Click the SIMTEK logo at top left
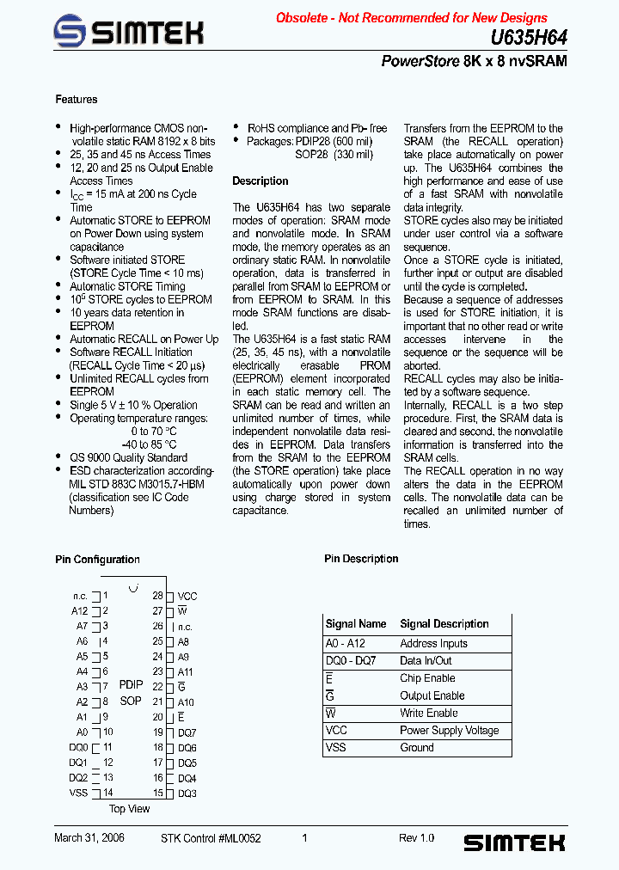coord(128,33)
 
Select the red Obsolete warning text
coord(411,17)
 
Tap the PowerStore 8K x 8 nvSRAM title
coord(474,62)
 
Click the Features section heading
coord(77,100)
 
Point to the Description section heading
coord(260,181)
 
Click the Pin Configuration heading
coord(97,560)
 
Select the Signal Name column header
coord(356,624)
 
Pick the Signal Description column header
coord(444,624)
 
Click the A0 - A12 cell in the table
coord(346,643)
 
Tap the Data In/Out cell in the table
coord(426,660)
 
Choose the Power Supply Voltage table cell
coord(449,730)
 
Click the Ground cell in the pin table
coord(417,747)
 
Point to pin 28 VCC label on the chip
coord(187,596)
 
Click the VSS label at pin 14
coord(79,793)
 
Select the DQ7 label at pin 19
coord(187,732)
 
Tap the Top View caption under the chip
coord(130,809)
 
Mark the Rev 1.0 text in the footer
coord(416,837)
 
